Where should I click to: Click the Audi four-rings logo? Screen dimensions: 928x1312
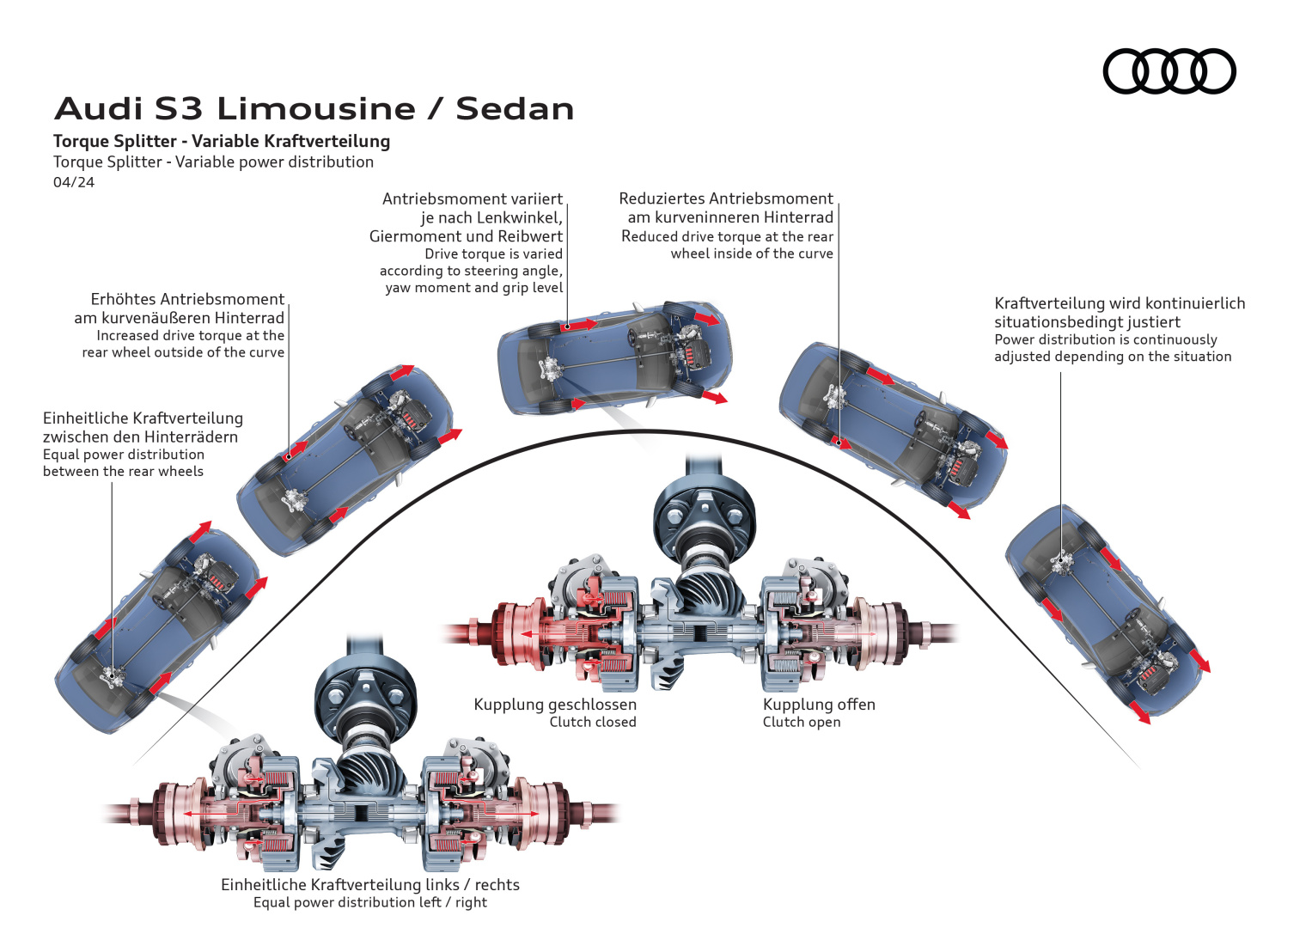1169,71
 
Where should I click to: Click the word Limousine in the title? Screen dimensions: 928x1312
316,109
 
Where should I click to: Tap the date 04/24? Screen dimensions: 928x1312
74,182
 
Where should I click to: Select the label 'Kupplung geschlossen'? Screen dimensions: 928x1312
555,705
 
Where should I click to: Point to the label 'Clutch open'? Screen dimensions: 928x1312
802,723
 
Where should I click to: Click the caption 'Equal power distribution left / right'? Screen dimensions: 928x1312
369,902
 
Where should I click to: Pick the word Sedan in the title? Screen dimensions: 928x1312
515,109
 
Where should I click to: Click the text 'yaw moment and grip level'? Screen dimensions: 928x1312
473,288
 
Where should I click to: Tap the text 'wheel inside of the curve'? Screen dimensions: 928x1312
752,253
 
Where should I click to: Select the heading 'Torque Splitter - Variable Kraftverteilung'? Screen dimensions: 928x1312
222,141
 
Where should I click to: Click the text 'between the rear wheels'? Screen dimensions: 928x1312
123,472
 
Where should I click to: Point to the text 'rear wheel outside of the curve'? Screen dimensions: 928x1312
183,352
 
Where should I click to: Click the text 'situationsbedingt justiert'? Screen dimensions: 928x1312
1087,322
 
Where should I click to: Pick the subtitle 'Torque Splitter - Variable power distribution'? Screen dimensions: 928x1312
213,162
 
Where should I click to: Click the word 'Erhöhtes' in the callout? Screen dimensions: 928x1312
124,299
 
